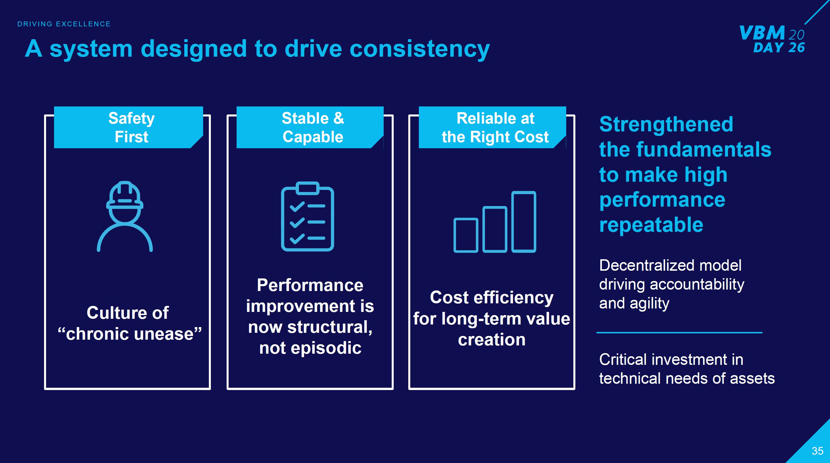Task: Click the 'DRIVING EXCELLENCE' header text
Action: (64, 24)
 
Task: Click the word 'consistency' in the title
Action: (419, 49)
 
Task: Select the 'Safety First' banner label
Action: (131, 128)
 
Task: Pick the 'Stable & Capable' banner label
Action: (312, 128)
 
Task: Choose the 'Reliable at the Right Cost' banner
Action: (495, 128)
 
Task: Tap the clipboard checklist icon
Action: (307, 217)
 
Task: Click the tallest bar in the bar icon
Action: (524, 222)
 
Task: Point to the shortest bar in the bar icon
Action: (465, 235)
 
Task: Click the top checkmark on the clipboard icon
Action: (297, 206)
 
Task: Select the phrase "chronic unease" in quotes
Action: (130, 334)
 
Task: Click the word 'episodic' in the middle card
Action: (326, 348)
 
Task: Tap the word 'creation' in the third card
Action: (492, 340)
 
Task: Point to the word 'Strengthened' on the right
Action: (666, 124)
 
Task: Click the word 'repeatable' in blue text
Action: (651, 225)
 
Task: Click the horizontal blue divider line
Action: (679, 333)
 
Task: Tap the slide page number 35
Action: (817, 451)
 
